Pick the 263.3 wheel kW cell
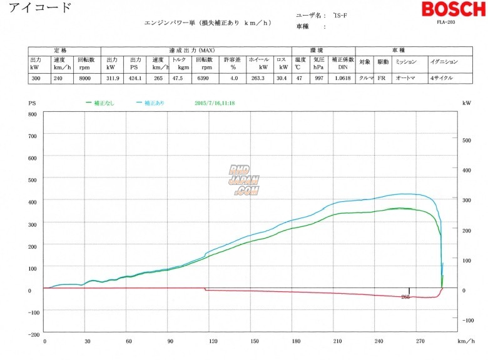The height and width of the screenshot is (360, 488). click(x=258, y=78)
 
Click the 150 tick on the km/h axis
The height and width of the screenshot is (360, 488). click(x=255, y=342)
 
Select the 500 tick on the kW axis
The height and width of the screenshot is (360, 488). click(x=466, y=140)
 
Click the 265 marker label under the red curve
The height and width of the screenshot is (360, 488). click(x=405, y=297)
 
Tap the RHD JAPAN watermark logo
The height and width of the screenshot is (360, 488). click(x=243, y=179)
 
